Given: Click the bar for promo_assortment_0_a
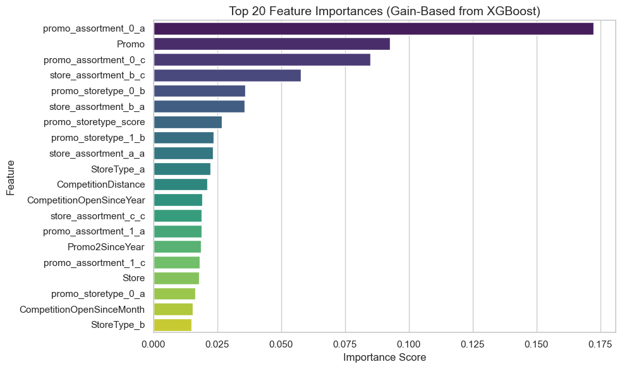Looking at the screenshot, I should pos(373,28).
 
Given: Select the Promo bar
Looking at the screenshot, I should pos(271,44).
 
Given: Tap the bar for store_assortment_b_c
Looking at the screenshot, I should pos(227,75).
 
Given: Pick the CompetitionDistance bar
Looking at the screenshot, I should pos(180,184).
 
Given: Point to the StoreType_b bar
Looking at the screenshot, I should pos(172,325).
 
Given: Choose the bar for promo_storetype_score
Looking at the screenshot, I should pos(187,122).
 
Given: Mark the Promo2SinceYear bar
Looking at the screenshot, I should pos(177,247).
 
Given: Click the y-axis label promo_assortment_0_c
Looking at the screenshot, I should pos(94,60).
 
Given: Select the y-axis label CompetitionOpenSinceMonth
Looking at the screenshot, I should pos(82,310).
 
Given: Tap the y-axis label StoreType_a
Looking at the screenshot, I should pos(118,169).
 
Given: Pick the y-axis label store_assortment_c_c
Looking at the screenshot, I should pos(97,216).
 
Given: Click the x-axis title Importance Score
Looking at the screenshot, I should pos(384,358).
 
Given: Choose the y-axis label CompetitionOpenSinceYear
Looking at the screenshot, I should pos(86,200).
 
